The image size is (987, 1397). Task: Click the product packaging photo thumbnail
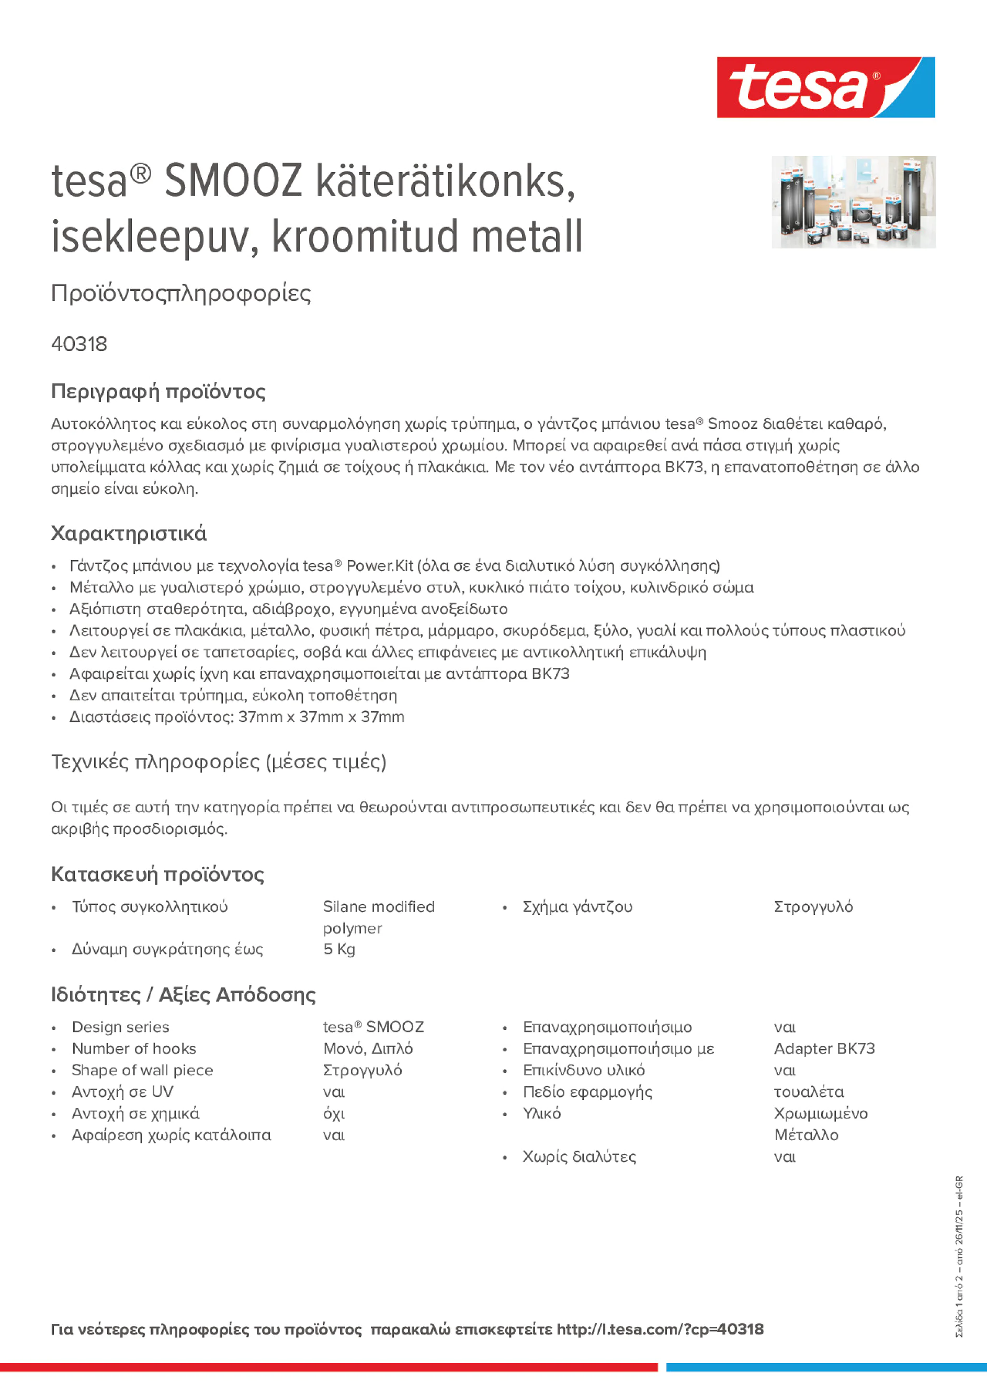[x=853, y=201]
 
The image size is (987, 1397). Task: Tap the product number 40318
[x=79, y=344]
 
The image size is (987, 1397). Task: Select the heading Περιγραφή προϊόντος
[x=158, y=391]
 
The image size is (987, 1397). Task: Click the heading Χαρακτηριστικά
[x=128, y=533]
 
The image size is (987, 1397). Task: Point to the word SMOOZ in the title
[x=233, y=181]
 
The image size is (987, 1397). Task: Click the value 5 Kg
[x=339, y=949]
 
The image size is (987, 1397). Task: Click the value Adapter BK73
[x=824, y=1048]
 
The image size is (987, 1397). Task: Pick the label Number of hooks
[x=134, y=1048]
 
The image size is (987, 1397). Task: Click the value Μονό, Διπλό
[x=368, y=1048]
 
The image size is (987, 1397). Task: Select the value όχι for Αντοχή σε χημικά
[x=334, y=1114]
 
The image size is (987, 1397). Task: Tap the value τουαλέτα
[x=809, y=1092]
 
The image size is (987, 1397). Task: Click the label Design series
[x=120, y=1027]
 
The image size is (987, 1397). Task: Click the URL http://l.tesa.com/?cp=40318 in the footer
[x=660, y=1330]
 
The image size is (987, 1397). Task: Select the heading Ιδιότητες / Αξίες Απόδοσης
[x=183, y=995]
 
